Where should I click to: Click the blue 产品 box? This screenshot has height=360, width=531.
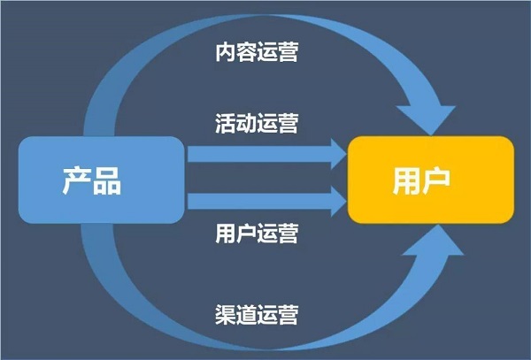101,180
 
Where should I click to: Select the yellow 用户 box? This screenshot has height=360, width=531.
431,180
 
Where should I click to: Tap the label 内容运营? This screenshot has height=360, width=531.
257,52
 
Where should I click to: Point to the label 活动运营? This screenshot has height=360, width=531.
257,123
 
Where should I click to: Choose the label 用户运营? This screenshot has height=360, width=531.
257,234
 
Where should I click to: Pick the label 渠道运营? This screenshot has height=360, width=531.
257,315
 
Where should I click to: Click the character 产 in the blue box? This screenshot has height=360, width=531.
76,180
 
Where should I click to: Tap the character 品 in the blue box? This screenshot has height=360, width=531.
107,181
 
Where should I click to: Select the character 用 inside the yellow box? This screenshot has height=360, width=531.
406,181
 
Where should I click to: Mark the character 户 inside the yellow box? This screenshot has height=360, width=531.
436,180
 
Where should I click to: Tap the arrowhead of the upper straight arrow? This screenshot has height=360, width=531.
339,154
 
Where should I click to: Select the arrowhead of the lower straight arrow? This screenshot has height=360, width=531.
339,202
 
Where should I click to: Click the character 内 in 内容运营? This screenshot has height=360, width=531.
226,52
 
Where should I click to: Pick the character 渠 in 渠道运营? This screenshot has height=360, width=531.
226,315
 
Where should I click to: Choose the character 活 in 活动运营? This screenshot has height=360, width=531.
226,123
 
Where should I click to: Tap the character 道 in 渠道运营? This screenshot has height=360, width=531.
246,315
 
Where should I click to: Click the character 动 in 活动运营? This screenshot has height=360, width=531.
246,123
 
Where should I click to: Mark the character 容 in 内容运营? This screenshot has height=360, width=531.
246,52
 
